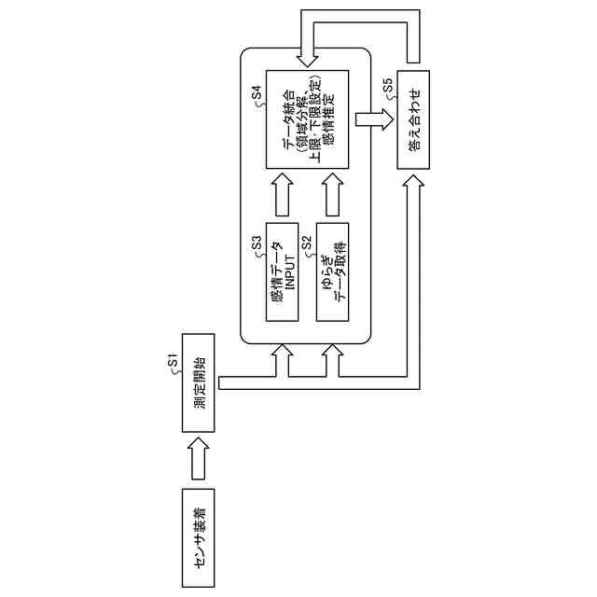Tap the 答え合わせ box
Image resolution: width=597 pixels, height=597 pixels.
[414, 118]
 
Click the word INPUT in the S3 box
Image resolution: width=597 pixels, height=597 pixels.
[290, 272]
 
